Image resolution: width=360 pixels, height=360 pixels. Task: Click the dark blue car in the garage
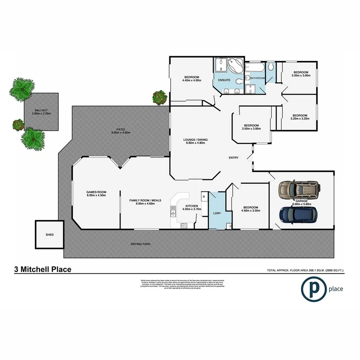click(299, 214)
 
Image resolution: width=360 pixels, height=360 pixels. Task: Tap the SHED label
click(49, 234)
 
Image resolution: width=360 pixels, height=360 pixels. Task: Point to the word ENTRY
click(234, 158)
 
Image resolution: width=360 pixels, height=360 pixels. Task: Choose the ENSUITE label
click(224, 80)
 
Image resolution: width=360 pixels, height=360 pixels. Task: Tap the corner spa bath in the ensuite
click(234, 66)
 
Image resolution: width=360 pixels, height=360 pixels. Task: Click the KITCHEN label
click(192, 206)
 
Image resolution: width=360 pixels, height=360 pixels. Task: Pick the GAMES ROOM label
click(96, 192)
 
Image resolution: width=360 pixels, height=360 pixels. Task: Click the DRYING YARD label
click(141, 244)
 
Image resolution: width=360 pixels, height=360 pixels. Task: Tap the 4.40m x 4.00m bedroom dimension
click(192, 80)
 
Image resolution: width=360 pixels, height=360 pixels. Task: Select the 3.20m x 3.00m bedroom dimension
click(301, 76)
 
